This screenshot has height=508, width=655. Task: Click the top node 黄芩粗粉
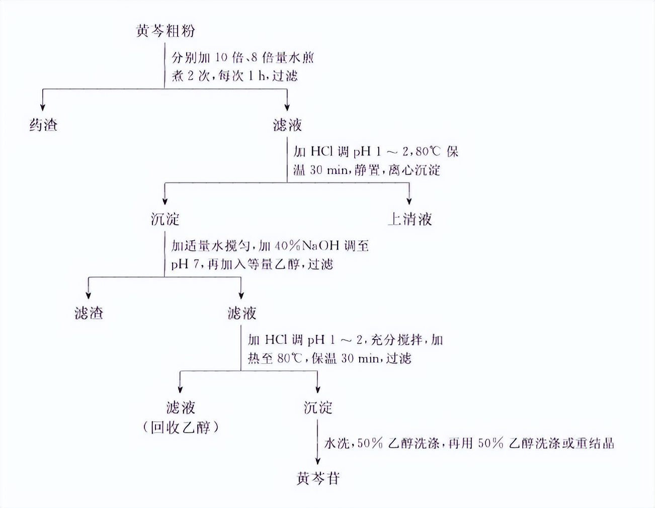tap(165, 31)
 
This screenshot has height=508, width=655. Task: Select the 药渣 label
tap(43, 125)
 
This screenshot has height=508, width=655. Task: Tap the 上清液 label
tap(410, 219)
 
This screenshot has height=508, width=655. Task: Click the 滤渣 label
tap(89, 313)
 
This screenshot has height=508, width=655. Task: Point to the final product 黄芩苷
tap(318, 478)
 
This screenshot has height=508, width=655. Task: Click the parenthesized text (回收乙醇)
tap(181, 428)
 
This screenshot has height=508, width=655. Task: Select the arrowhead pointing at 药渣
tap(43, 107)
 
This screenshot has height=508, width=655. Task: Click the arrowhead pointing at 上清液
tap(409, 201)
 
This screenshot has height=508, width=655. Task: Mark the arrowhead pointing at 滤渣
tap(89, 295)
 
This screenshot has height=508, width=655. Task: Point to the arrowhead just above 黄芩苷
tap(317, 461)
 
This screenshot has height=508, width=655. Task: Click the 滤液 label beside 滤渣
tap(241, 313)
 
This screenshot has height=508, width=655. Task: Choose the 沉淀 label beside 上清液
tap(165, 219)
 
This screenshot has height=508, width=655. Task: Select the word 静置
tap(367, 171)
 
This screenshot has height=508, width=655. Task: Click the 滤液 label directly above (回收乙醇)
tap(181, 407)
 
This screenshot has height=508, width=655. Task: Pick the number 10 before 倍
tap(221, 57)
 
